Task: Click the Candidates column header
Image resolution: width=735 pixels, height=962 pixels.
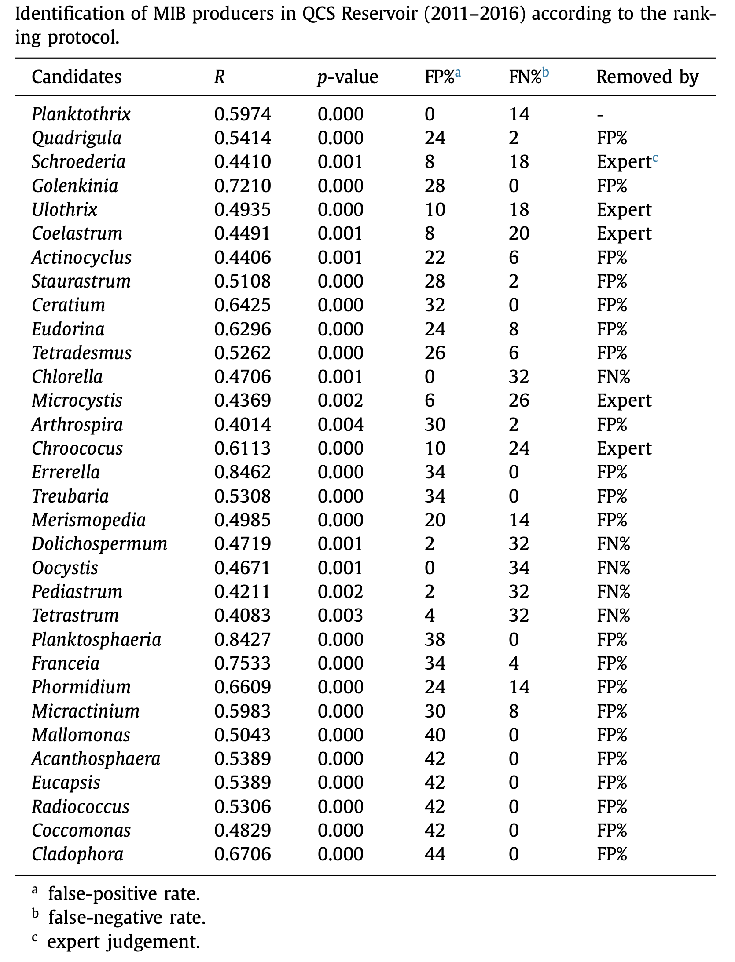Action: click(77, 77)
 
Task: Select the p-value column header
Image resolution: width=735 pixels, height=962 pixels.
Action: click(347, 77)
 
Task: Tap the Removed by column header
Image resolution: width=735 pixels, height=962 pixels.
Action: click(647, 77)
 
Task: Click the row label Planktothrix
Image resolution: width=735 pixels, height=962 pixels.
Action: click(81, 114)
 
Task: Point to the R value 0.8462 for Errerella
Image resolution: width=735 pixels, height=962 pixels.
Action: click(243, 472)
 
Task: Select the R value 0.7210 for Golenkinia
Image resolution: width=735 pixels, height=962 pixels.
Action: click(243, 186)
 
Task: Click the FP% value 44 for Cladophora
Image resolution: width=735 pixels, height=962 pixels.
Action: click(435, 854)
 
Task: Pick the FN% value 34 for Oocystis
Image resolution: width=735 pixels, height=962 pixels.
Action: click(519, 568)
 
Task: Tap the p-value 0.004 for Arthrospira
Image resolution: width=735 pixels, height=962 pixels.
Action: click(340, 425)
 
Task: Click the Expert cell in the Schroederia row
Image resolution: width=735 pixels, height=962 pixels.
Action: click(624, 162)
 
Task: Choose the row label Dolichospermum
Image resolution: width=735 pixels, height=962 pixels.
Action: click(99, 544)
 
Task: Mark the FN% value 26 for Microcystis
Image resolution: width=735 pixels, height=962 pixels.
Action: click(519, 401)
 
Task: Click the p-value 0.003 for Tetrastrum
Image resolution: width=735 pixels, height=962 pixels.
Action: click(340, 616)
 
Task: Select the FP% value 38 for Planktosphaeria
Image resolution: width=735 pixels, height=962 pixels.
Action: click(435, 639)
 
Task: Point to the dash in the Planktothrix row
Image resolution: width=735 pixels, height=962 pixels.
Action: click(600, 115)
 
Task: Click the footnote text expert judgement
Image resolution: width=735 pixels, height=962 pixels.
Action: click(124, 941)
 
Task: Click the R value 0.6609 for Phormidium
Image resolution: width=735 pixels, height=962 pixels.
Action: click(243, 687)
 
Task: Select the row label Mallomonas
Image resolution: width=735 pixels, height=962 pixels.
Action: click(81, 735)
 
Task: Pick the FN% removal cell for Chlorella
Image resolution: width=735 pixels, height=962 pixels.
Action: click(613, 377)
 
